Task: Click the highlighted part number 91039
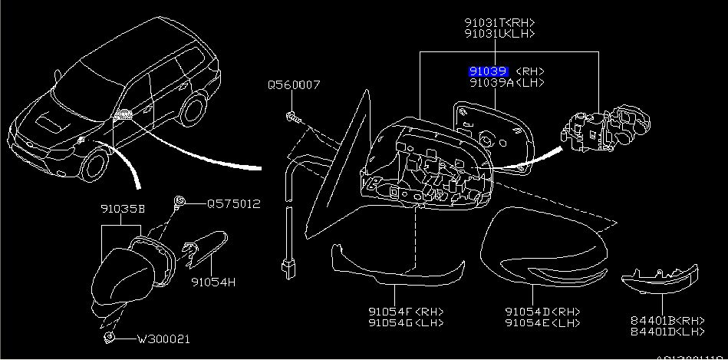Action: point(488,71)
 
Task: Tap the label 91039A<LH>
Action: point(507,81)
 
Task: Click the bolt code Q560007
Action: point(294,85)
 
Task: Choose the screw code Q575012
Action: point(233,204)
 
